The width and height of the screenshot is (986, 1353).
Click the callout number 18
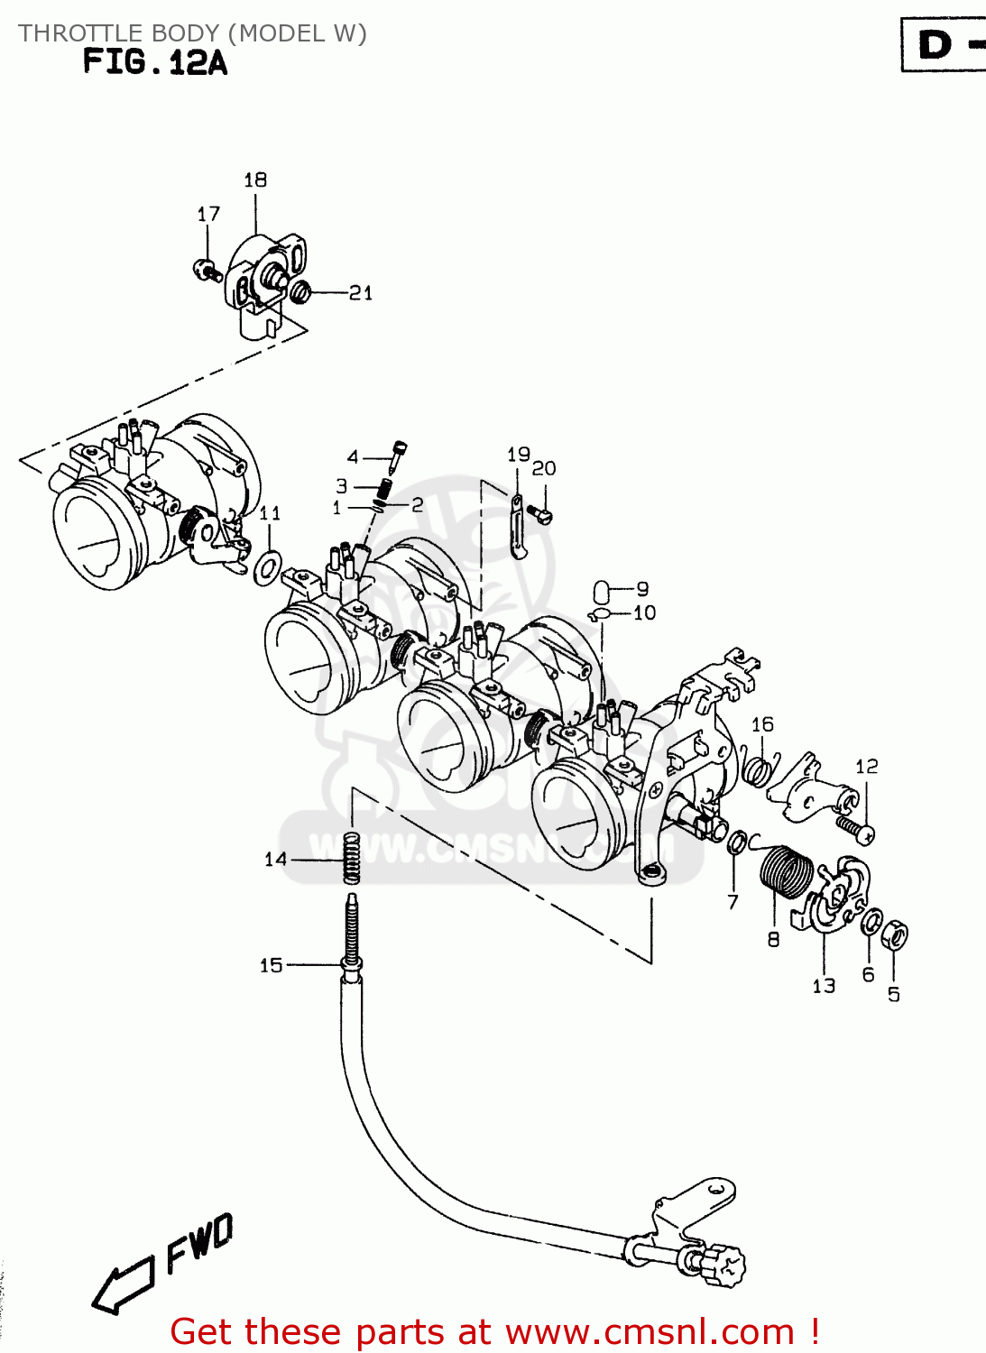point(255,180)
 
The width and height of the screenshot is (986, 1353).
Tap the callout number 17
point(208,215)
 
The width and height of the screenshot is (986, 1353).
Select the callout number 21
point(361,293)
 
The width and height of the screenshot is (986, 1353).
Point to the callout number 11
point(270,513)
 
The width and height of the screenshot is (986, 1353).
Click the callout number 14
point(275,860)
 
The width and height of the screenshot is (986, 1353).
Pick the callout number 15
point(272,966)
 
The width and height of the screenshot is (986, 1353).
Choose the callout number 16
point(762,724)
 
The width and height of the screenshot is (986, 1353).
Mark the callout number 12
point(866,767)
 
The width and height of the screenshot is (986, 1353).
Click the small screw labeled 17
point(206,268)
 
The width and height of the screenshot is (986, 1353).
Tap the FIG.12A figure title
point(154,62)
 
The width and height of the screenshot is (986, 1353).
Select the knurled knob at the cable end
point(724,1265)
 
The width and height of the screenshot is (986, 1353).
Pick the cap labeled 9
point(602,592)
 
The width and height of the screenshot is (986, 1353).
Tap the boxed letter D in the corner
point(935,44)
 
